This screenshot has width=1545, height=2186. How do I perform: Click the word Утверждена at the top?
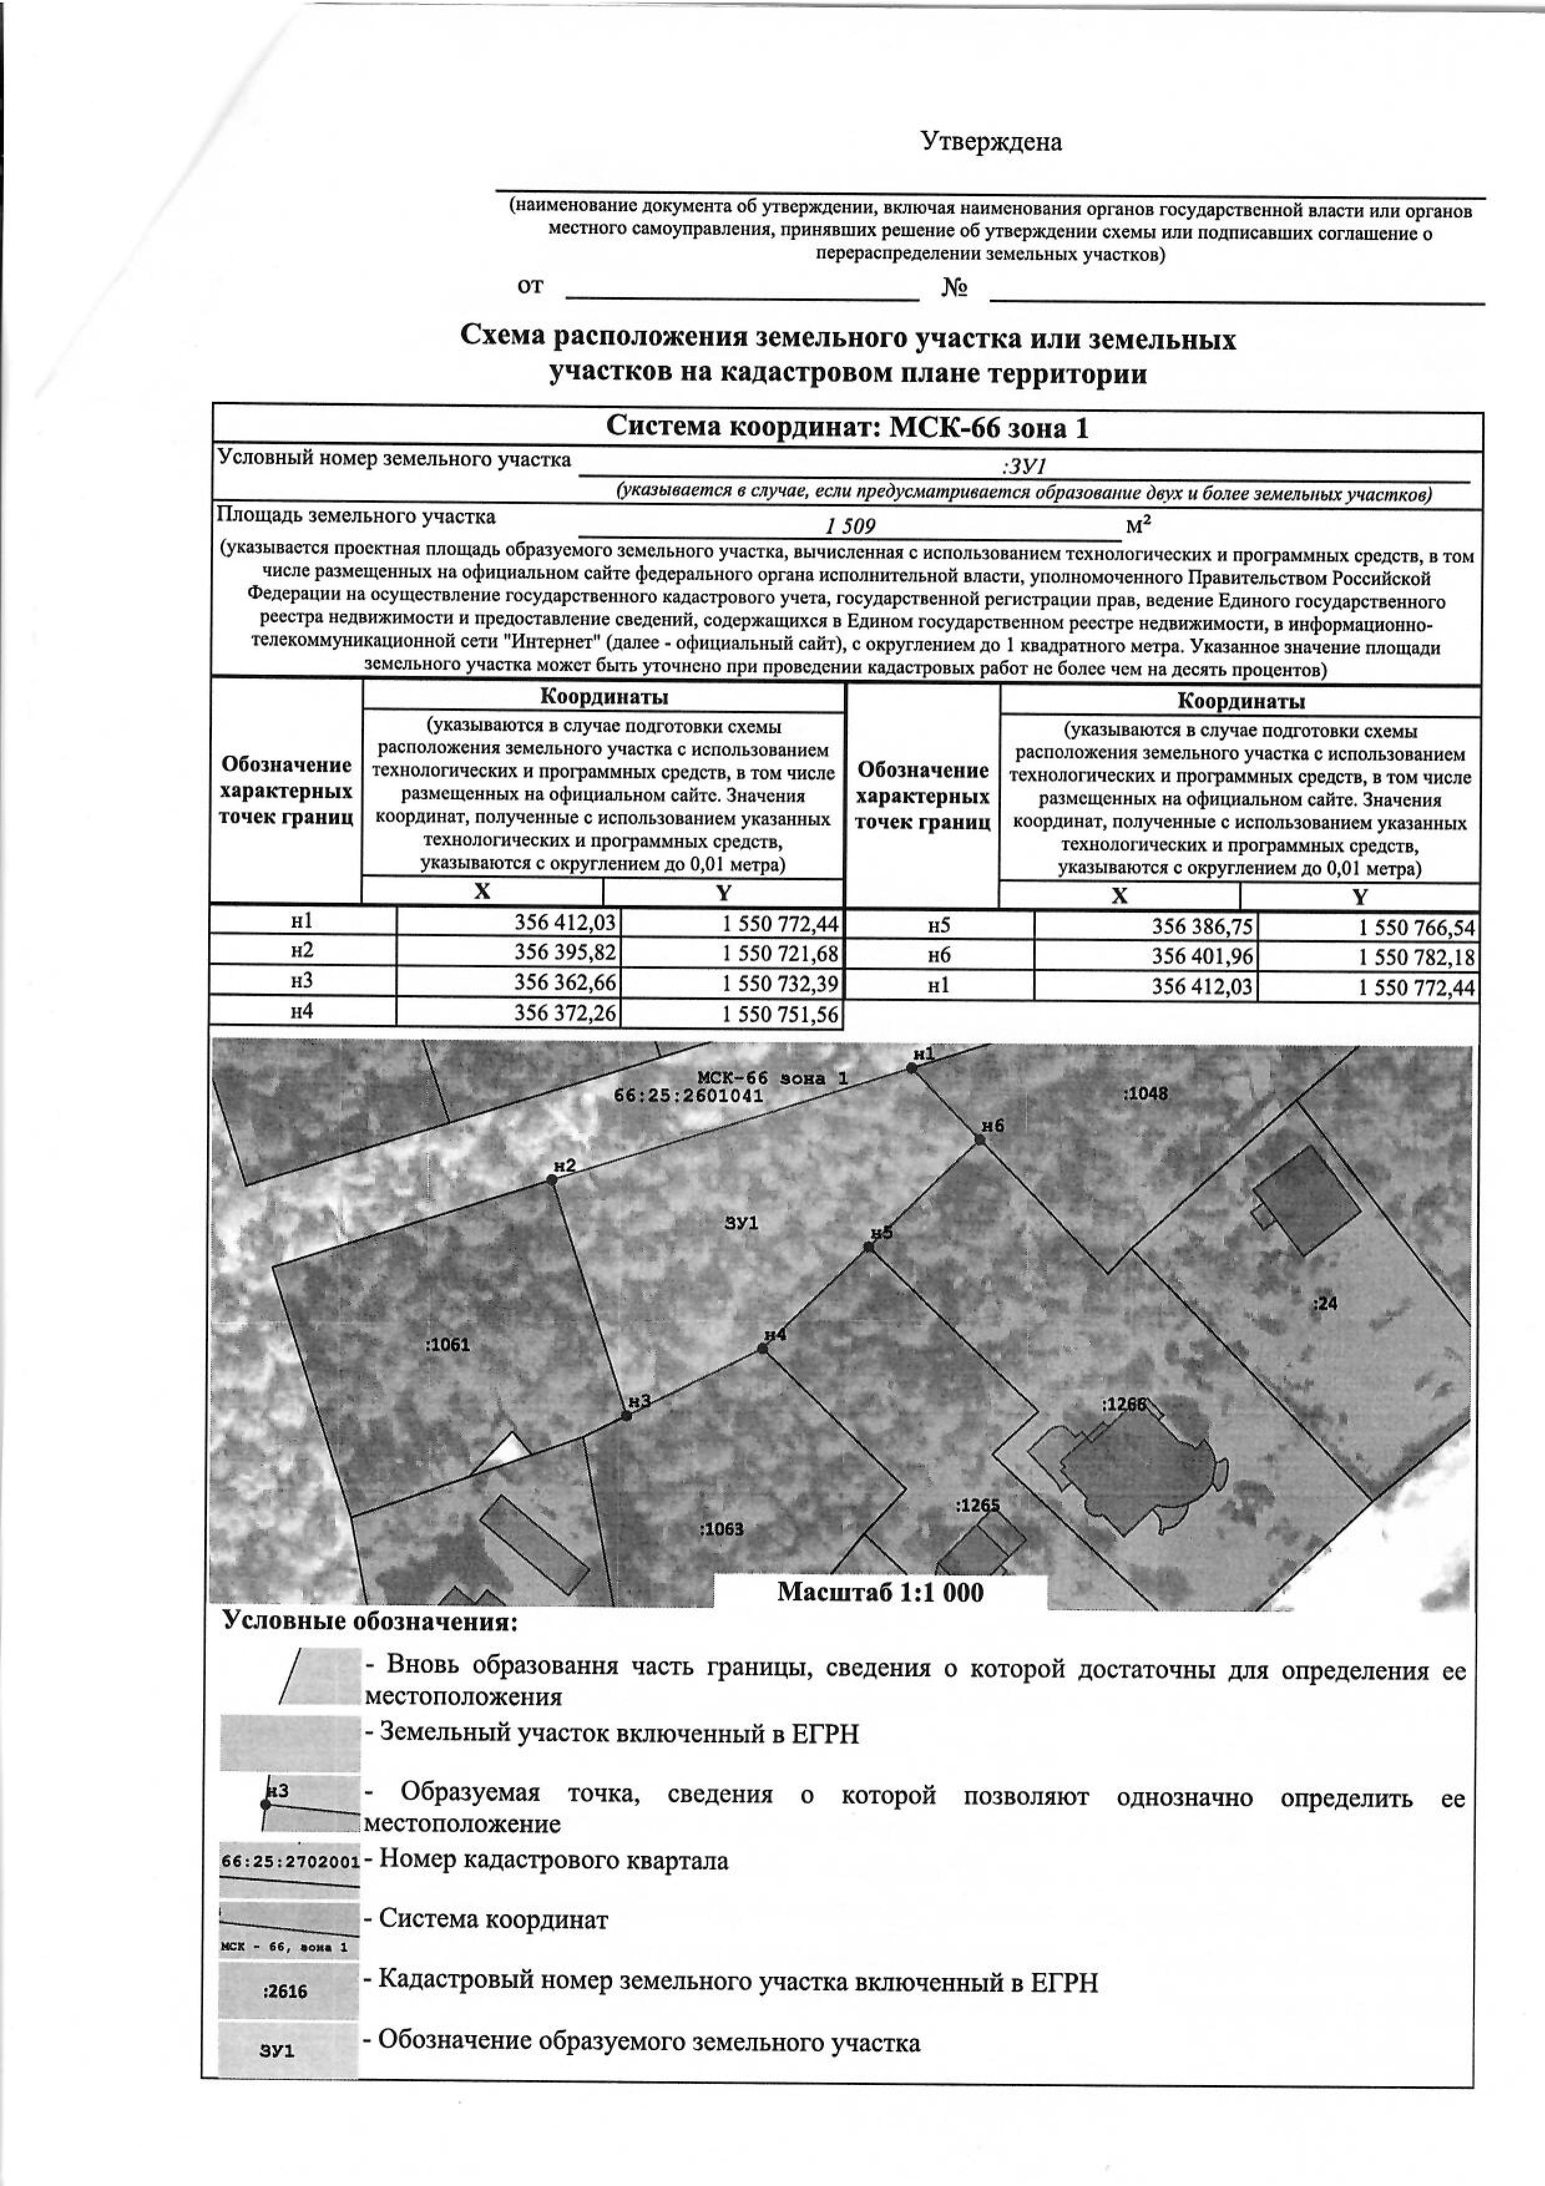(x=990, y=143)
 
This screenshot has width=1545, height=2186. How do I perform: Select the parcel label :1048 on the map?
(x=1145, y=1094)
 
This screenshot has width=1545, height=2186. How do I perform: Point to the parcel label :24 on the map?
(x=1325, y=1304)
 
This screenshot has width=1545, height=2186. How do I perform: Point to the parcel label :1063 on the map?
(x=720, y=1530)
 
